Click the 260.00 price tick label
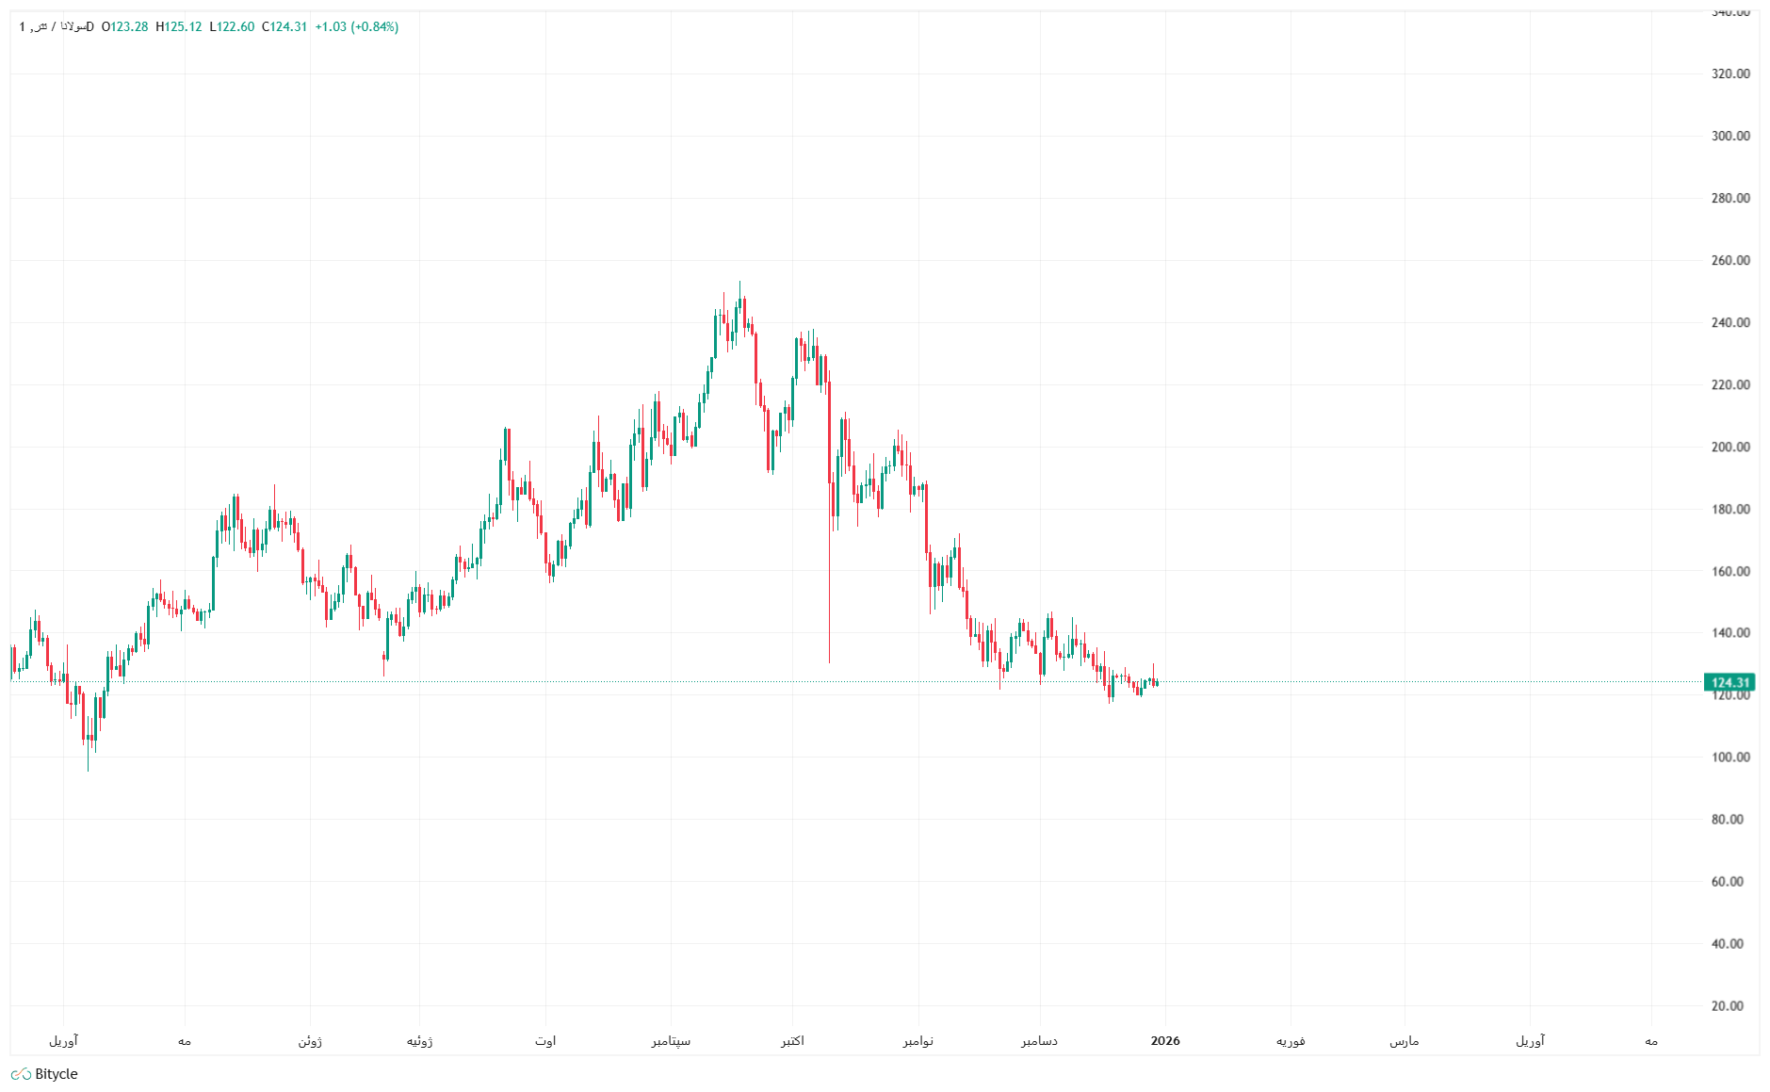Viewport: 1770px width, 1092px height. pyautogui.click(x=1729, y=260)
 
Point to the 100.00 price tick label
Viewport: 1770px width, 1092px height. pyautogui.click(x=1729, y=758)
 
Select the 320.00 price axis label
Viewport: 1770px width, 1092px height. pyautogui.click(x=1729, y=73)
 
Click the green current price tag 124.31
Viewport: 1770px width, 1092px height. pyautogui.click(x=1729, y=682)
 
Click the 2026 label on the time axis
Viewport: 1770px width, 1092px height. pyautogui.click(x=1165, y=1041)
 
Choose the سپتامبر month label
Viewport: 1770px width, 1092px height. pyautogui.click(x=671, y=1041)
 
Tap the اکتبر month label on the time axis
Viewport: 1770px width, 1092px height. pyautogui.click(x=792, y=1041)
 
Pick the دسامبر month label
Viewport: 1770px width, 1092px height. pyautogui.click(x=1040, y=1041)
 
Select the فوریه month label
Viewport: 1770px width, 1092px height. pyautogui.click(x=1291, y=1041)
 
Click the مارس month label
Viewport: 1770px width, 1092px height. pyautogui.click(x=1405, y=1041)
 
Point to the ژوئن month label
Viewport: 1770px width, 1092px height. pyautogui.click(x=310, y=1041)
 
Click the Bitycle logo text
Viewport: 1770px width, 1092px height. pyautogui.click(x=56, y=1074)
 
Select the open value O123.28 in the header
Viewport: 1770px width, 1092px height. pyautogui.click(x=125, y=26)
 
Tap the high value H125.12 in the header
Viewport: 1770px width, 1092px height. pyautogui.click(x=178, y=26)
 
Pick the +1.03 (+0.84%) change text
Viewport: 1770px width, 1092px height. pyautogui.click(x=356, y=26)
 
